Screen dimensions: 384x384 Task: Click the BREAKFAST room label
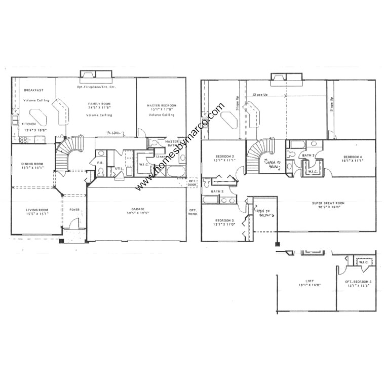tap(33, 90)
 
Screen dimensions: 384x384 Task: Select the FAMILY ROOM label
tap(99, 104)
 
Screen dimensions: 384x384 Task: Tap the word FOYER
tap(74, 210)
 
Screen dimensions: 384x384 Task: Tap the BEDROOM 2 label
tap(224, 156)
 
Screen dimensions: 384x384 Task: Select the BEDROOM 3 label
tap(224, 220)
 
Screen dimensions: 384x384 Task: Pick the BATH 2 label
tap(217, 191)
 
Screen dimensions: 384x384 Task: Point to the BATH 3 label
tap(309, 156)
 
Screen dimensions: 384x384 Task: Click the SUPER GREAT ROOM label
tap(328, 203)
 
